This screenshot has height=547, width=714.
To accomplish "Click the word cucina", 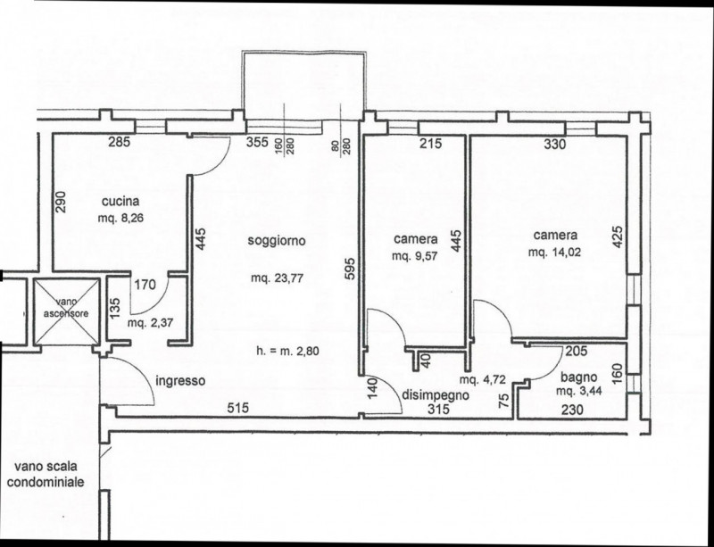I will click(x=117, y=201).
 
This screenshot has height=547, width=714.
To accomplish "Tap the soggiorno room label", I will click(x=278, y=241).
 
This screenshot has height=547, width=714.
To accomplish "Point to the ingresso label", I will click(x=180, y=381).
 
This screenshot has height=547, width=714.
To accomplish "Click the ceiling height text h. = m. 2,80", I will click(x=286, y=351).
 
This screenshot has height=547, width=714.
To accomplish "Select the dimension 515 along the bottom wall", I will click(x=236, y=408).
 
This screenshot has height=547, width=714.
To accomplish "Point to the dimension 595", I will click(x=350, y=269).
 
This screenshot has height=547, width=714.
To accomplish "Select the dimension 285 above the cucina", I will click(x=120, y=142).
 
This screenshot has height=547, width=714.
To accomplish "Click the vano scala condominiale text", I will click(x=46, y=474).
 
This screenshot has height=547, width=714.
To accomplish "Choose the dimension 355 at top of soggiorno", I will click(x=258, y=142).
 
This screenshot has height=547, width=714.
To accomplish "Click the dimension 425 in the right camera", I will click(x=618, y=235).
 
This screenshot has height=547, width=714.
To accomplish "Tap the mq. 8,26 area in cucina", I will click(x=118, y=217).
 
